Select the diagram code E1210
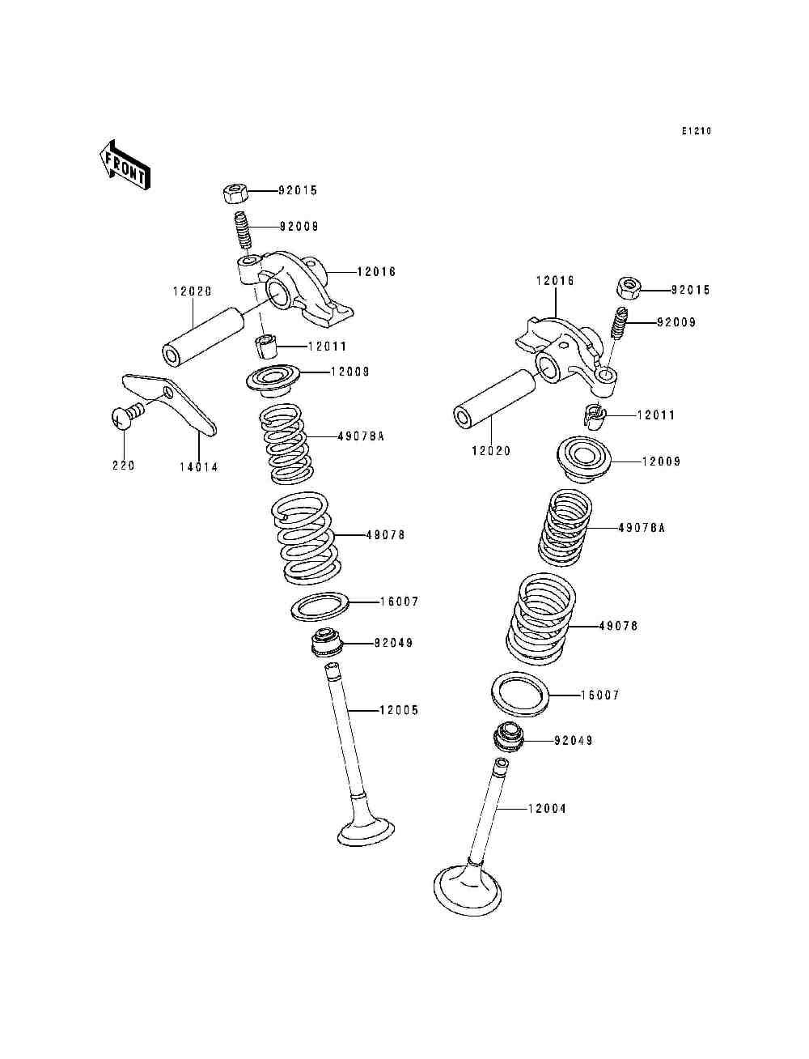(x=696, y=131)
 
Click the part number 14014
(x=199, y=467)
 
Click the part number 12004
(x=548, y=809)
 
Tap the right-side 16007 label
(x=600, y=695)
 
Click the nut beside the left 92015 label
(x=235, y=194)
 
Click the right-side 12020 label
(x=491, y=451)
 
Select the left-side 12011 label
(x=327, y=347)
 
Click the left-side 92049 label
(x=393, y=643)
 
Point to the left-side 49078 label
(x=386, y=535)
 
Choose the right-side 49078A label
(x=642, y=528)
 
